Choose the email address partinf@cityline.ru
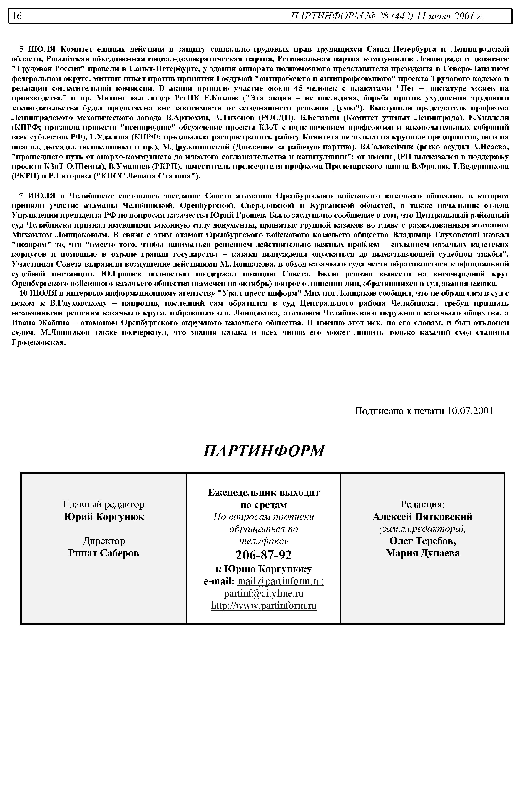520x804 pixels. (x=263, y=593)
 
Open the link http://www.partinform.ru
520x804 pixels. (x=264, y=606)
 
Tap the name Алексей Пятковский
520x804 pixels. (x=422, y=517)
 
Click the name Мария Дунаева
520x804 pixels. (x=422, y=553)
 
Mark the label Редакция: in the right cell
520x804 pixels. (x=422, y=504)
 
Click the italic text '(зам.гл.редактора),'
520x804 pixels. (x=422, y=529)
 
